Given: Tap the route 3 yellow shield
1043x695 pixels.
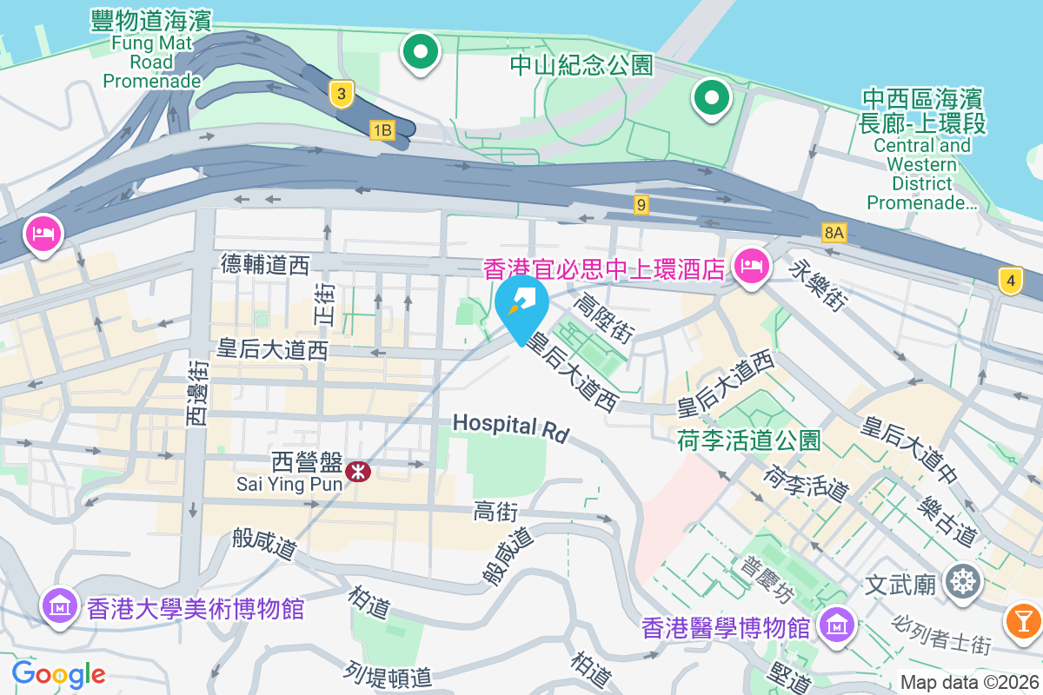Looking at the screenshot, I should click(342, 94).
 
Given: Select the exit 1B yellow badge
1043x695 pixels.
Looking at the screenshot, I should click(382, 131).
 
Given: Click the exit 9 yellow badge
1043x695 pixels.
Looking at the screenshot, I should click(641, 205).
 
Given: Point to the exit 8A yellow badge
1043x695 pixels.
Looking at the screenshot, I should click(834, 232).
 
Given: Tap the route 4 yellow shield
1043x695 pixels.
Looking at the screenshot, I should click(1009, 281).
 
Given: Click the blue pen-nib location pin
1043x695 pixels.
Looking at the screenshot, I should click(521, 306).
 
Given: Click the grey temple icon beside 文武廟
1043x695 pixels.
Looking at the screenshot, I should click(962, 580).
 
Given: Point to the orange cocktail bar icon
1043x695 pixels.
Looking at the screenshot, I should click(1023, 620).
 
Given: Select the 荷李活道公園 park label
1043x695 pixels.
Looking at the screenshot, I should click(748, 440).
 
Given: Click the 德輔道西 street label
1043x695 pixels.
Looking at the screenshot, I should click(265, 264).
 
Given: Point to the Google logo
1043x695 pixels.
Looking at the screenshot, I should click(58, 673).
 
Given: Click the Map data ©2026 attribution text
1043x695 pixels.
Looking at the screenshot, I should click(968, 682).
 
